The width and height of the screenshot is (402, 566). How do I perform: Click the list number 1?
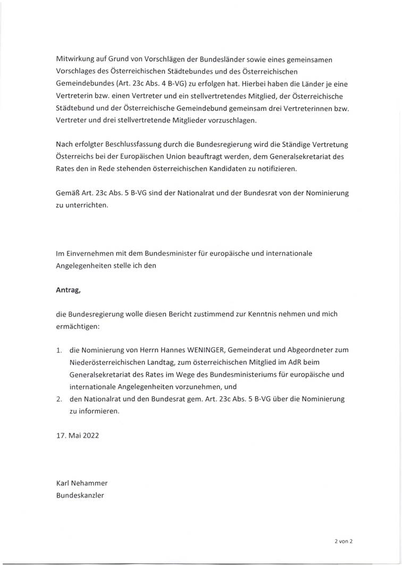coord(60,351)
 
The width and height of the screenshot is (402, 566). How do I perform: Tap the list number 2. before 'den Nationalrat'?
coord(60,398)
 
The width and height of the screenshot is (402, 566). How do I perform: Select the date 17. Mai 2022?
coord(77,435)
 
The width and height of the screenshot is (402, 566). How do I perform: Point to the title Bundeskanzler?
coord(80,495)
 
